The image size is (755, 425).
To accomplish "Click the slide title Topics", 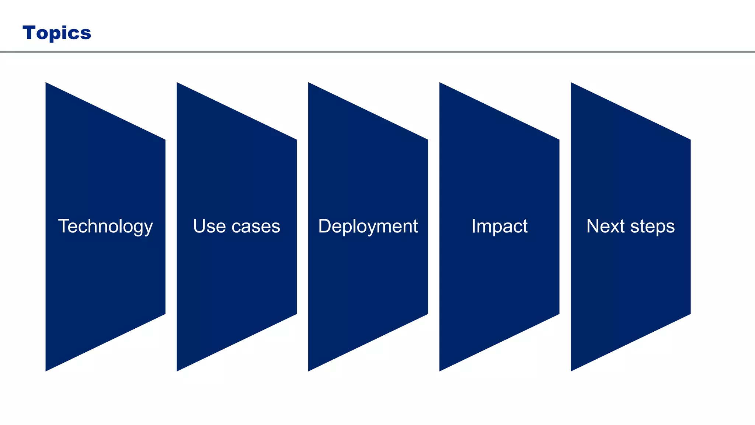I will point(57,33).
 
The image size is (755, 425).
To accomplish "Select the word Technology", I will point(105,226).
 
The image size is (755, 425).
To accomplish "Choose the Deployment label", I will point(368,226).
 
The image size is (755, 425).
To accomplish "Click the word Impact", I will point(499,226).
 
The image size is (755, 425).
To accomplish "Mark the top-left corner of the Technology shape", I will point(46,83).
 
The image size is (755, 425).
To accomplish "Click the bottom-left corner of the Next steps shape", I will point(571,370).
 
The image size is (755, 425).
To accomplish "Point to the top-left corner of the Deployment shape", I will point(309,83).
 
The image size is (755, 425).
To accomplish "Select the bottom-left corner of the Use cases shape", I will point(178,370).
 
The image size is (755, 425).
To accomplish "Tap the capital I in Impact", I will point(474,226).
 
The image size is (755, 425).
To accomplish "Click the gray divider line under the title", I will point(377,52).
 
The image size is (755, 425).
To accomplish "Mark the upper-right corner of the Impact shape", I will point(559,140).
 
